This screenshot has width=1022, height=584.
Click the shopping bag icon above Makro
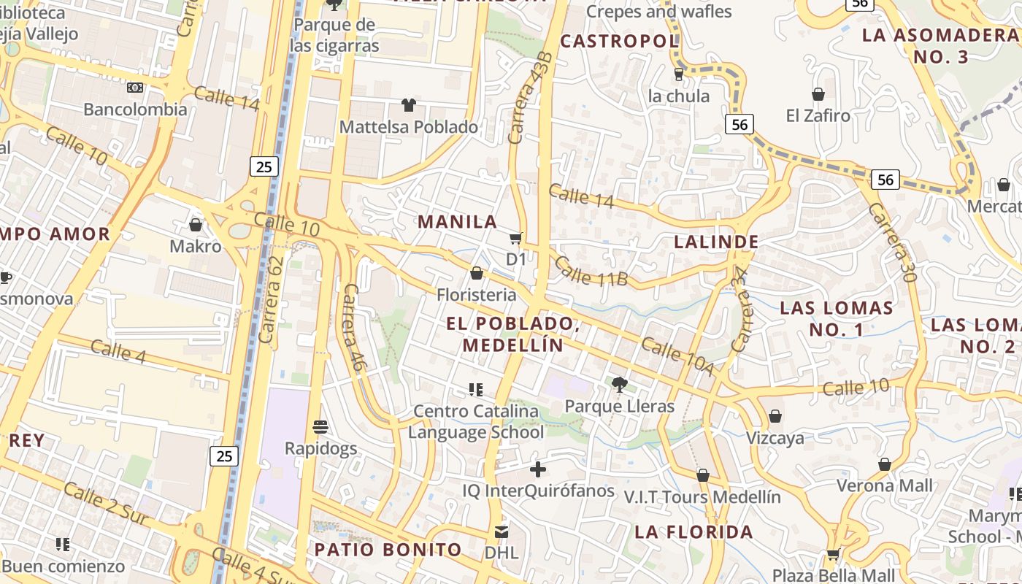pyautogui.click(x=195, y=224)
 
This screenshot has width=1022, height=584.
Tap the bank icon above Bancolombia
pyautogui.click(x=134, y=88)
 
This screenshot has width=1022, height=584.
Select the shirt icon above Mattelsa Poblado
pyautogui.click(x=408, y=105)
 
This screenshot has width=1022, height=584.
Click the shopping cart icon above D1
pyautogui.click(x=515, y=238)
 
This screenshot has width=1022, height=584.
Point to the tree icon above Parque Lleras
pyautogui.click(x=619, y=384)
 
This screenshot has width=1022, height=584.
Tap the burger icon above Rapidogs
pyautogui.click(x=320, y=426)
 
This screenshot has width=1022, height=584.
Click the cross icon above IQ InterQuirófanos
pyautogui.click(x=538, y=469)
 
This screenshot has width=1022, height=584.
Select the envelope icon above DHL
pyautogui.click(x=501, y=531)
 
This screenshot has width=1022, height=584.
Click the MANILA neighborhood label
pyautogui.click(x=457, y=221)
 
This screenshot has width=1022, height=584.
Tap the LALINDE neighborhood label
pyautogui.click(x=716, y=242)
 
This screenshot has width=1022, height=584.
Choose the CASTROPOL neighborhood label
pyautogui.click(x=620, y=42)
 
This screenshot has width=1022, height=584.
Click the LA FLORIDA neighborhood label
pyautogui.click(x=693, y=531)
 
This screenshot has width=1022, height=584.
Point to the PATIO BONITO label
pyautogui.click(x=388, y=550)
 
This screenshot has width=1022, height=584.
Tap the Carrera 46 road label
pyautogui.click(x=353, y=328)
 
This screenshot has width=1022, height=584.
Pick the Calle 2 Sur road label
pyautogui.click(x=106, y=504)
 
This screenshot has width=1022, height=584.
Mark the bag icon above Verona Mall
pyautogui.click(x=884, y=464)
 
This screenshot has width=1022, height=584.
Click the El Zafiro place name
pyautogui.click(x=818, y=115)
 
